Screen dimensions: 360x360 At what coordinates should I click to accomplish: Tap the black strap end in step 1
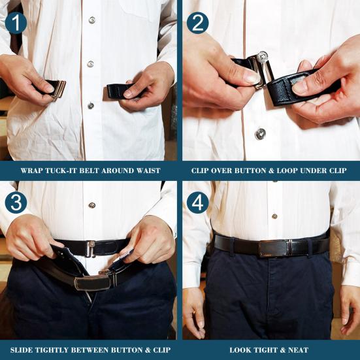(118, 90)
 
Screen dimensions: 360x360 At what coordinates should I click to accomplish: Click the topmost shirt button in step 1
(91, 20)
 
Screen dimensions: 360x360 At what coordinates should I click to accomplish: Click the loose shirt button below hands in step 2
(260, 133)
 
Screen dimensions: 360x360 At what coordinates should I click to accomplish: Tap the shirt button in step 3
(91, 205)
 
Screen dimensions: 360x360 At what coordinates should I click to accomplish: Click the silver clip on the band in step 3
(91, 248)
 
